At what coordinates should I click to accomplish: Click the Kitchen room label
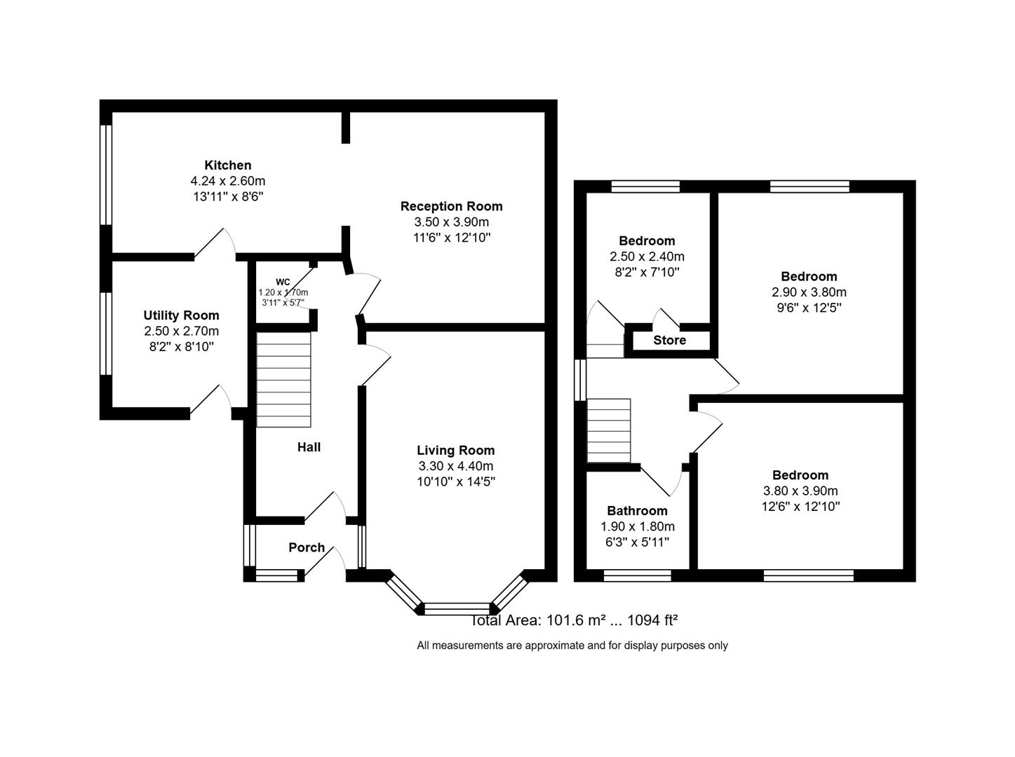(227, 165)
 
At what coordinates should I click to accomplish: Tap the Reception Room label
(451, 206)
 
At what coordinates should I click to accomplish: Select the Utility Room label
(181, 315)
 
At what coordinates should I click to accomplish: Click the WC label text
(283, 282)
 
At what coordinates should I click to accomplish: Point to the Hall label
(309, 447)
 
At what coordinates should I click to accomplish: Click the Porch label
(307, 547)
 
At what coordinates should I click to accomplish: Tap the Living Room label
(455, 450)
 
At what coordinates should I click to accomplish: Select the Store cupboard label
(669, 341)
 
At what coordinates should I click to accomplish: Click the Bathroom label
(637, 511)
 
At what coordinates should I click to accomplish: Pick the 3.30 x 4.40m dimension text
(455, 466)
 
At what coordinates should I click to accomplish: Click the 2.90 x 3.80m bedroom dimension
(809, 292)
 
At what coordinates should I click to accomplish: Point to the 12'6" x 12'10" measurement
(800, 507)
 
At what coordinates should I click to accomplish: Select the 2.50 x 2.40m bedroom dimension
(647, 257)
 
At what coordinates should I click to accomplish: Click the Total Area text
(574, 620)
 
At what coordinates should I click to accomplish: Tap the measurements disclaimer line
(572, 646)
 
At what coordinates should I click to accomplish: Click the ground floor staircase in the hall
(283, 379)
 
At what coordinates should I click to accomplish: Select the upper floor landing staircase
(609, 430)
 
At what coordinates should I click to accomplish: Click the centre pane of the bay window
(457, 608)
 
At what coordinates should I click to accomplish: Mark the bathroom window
(637, 575)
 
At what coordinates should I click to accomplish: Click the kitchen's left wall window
(106, 175)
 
